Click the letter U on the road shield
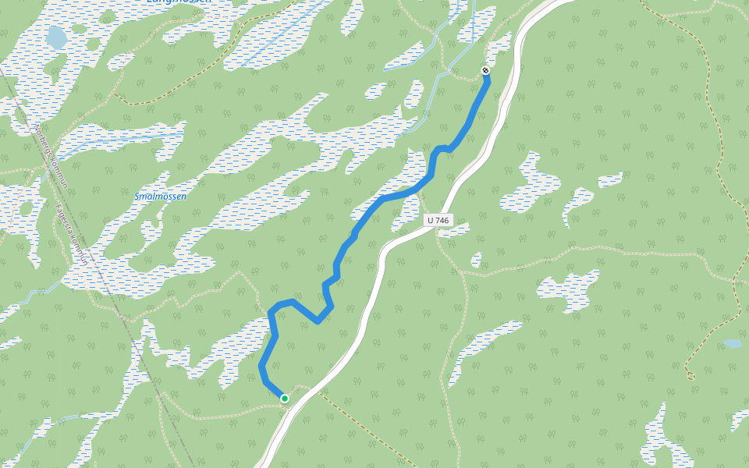432,221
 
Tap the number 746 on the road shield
442,221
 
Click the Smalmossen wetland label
160,197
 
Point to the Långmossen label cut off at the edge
179,2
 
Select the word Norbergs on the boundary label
42,137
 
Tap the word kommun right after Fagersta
80,253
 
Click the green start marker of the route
285,399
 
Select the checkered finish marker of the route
485,71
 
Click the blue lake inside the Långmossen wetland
56,37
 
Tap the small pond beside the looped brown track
732,343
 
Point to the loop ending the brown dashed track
690,375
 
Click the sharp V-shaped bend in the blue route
318,321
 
